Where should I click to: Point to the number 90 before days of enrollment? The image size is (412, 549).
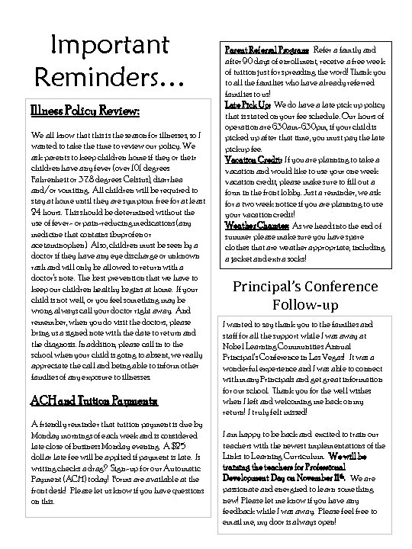tap(255, 59)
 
